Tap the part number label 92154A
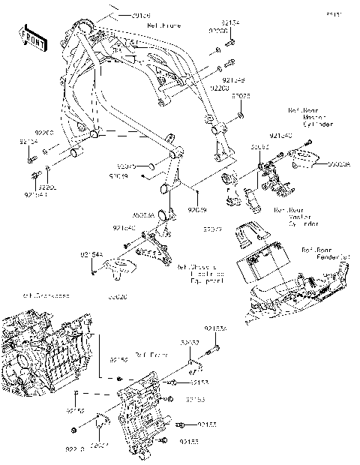[x=90, y=255]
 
